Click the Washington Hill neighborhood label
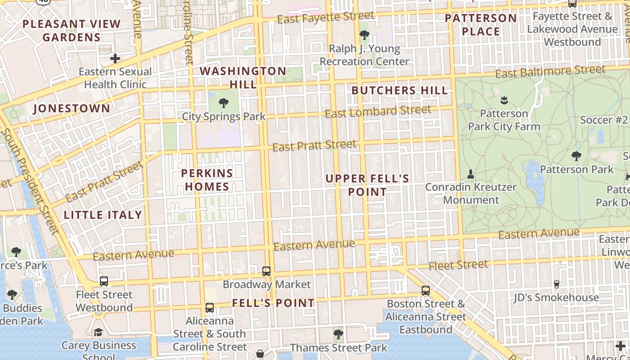tap(243, 77)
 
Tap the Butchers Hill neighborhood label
tap(400, 90)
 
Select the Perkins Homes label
tap(207, 180)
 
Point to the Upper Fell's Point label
tap(367, 185)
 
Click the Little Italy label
tap(103, 215)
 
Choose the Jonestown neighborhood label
tap(72, 108)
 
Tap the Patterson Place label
tap(481, 25)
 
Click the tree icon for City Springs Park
tap(223, 103)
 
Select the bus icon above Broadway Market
tap(266, 271)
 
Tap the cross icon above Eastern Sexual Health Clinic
tap(115, 58)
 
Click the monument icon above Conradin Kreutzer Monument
tap(471, 174)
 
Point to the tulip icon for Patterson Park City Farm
tap(504, 100)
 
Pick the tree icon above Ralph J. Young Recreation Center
tap(364, 35)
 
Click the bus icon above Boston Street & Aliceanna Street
tap(426, 290)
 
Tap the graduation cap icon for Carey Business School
tap(98, 332)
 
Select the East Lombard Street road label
tap(378, 111)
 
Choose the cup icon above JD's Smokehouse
tap(557, 284)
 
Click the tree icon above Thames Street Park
tap(338, 334)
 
